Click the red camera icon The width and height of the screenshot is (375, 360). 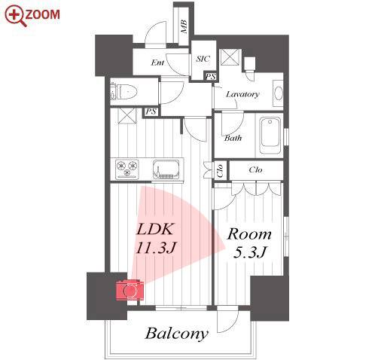pyautogui.click(x=130, y=290)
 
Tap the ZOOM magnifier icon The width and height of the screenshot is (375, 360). pyautogui.click(x=15, y=16)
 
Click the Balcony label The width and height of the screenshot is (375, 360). pyautogui.click(x=177, y=334)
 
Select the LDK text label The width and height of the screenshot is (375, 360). pyautogui.click(x=154, y=229)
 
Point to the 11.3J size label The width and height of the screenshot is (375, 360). pyautogui.click(x=156, y=247)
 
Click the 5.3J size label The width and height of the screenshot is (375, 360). pyautogui.click(x=249, y=252)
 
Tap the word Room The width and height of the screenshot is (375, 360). pyautogui.click(x=249, y=234)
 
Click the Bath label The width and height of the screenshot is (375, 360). pyautogui.click(x=233, y=138)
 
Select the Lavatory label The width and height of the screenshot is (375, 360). pyautogui.click(x=242, y=94)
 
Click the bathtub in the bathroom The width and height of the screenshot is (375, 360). pyautogui.click(x=270, y=136)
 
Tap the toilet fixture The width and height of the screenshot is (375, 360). pyautogui.click(x=123, y=91)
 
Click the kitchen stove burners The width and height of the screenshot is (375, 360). pyautogui.click(x=127, y=169)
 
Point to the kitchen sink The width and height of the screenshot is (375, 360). pyautogui.click(x=166, y=169)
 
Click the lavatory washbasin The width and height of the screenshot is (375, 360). pyautogui.click(x=278, y=93)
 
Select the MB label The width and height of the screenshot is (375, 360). pyautogui.click(x=184, y=27)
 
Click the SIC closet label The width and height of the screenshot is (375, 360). pyautogui.click(x=203, y=59)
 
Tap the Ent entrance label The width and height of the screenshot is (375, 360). pyautogui.click(x=157, y=63)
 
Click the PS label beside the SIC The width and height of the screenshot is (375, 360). pyautogui.click(x=211, y=77)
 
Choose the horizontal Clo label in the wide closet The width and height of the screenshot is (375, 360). pyautogui.click(x=255, y=170)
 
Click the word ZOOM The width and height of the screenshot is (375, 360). pyautogui.click(x=43, y=14)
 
